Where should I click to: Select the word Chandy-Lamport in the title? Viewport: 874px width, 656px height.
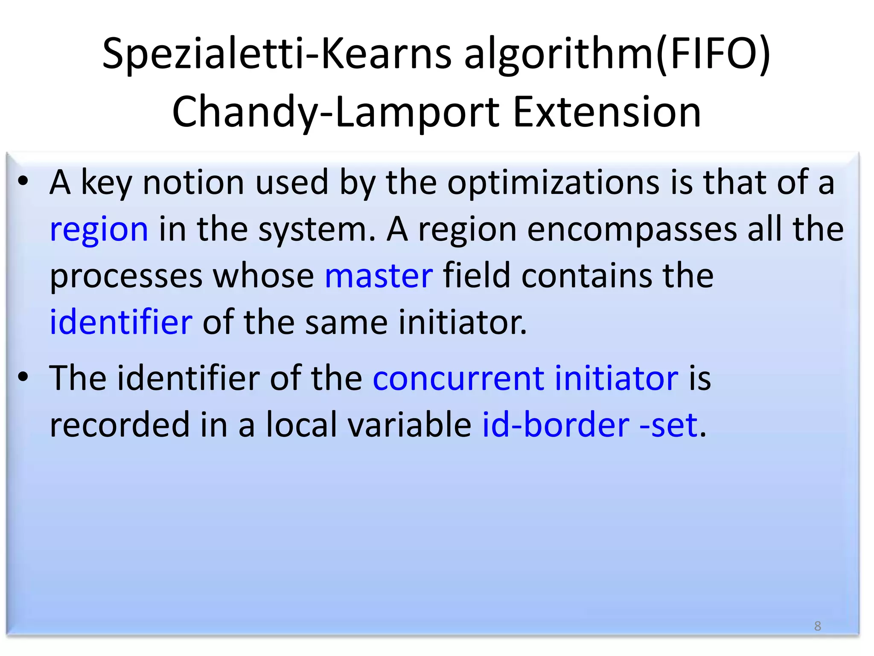pyautogui.click(x=335, y=112)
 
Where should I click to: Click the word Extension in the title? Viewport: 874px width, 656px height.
pyautogui.click(x=607, y=112)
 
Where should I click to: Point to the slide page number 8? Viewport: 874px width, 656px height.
pyautogui.click(x=817, y=626)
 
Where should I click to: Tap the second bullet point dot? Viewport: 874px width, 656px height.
pyautogui.click(x=23, y=376)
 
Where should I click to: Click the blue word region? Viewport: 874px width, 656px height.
pyautogui.click(x=99, y=230)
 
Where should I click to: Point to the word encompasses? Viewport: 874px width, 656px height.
pyautogui.click(x=632, y=230)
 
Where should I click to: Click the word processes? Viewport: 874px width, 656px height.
pyautogui.click(x=126, y=277)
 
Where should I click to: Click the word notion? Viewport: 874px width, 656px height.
pyautogui.click(x=193, y=183)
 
